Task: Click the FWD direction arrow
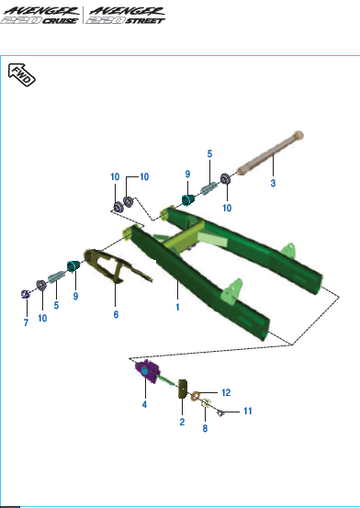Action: (x=21, y=74)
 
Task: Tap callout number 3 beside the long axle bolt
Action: (x=273, y=183)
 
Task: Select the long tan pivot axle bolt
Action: (x=270, y=152)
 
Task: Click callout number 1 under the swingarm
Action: (x=177, y=307)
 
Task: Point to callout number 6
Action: (x=116, y=314)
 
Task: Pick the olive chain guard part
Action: (x=114, y=265)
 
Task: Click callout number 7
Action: (x=26, y=322)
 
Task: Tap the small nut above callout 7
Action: (x=26, y=295)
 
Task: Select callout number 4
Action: (x=144, y=404)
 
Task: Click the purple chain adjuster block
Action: (x=148, y=372)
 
